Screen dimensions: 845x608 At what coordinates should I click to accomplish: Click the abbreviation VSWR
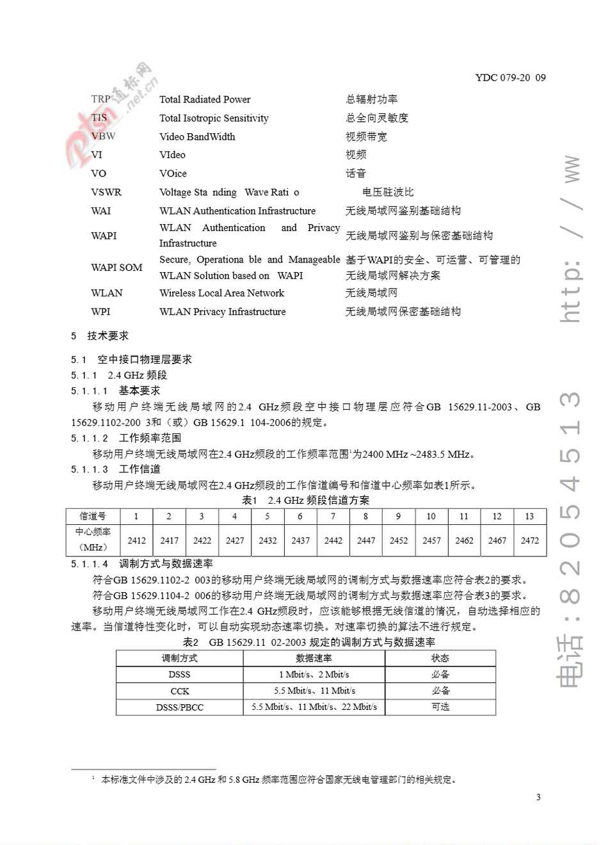[x=106, y=192]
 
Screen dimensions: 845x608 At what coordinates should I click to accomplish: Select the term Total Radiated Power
[x=205, y=99]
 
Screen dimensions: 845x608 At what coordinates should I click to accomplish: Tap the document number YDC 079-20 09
[x=510, y=77]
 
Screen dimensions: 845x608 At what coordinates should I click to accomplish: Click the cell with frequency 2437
[x=300, y=540]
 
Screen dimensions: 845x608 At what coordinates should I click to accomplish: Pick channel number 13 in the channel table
[x=529, y=516]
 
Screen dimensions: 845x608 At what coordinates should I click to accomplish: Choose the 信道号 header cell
[x=93, y=516]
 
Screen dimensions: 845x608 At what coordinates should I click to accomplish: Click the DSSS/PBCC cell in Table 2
[x=179, y=707]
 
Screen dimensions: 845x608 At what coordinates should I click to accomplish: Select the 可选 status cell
[x=440, y=707]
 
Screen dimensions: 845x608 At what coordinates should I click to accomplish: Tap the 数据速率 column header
[x=314, y=658]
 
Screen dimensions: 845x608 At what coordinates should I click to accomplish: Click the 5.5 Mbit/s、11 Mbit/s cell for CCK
[x=314, y=691]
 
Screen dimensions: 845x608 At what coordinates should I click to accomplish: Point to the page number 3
[x=538, y=797]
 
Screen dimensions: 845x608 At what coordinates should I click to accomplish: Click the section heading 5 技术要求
[x=100, y=335]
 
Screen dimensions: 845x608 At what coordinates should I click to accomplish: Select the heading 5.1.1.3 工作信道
[x=116, y=469]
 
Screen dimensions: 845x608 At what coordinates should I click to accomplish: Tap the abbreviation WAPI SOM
[x=116, y=268]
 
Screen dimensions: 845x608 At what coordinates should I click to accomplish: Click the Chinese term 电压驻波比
[x=388, y=192]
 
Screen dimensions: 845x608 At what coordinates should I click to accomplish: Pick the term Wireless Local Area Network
[x=221, y=293]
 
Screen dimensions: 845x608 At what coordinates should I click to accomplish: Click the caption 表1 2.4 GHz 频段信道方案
[x=305, y=500]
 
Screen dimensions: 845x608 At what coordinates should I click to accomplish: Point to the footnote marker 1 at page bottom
[x=93, y=778]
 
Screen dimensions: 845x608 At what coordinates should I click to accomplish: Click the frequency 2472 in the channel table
[x=529, y=540]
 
